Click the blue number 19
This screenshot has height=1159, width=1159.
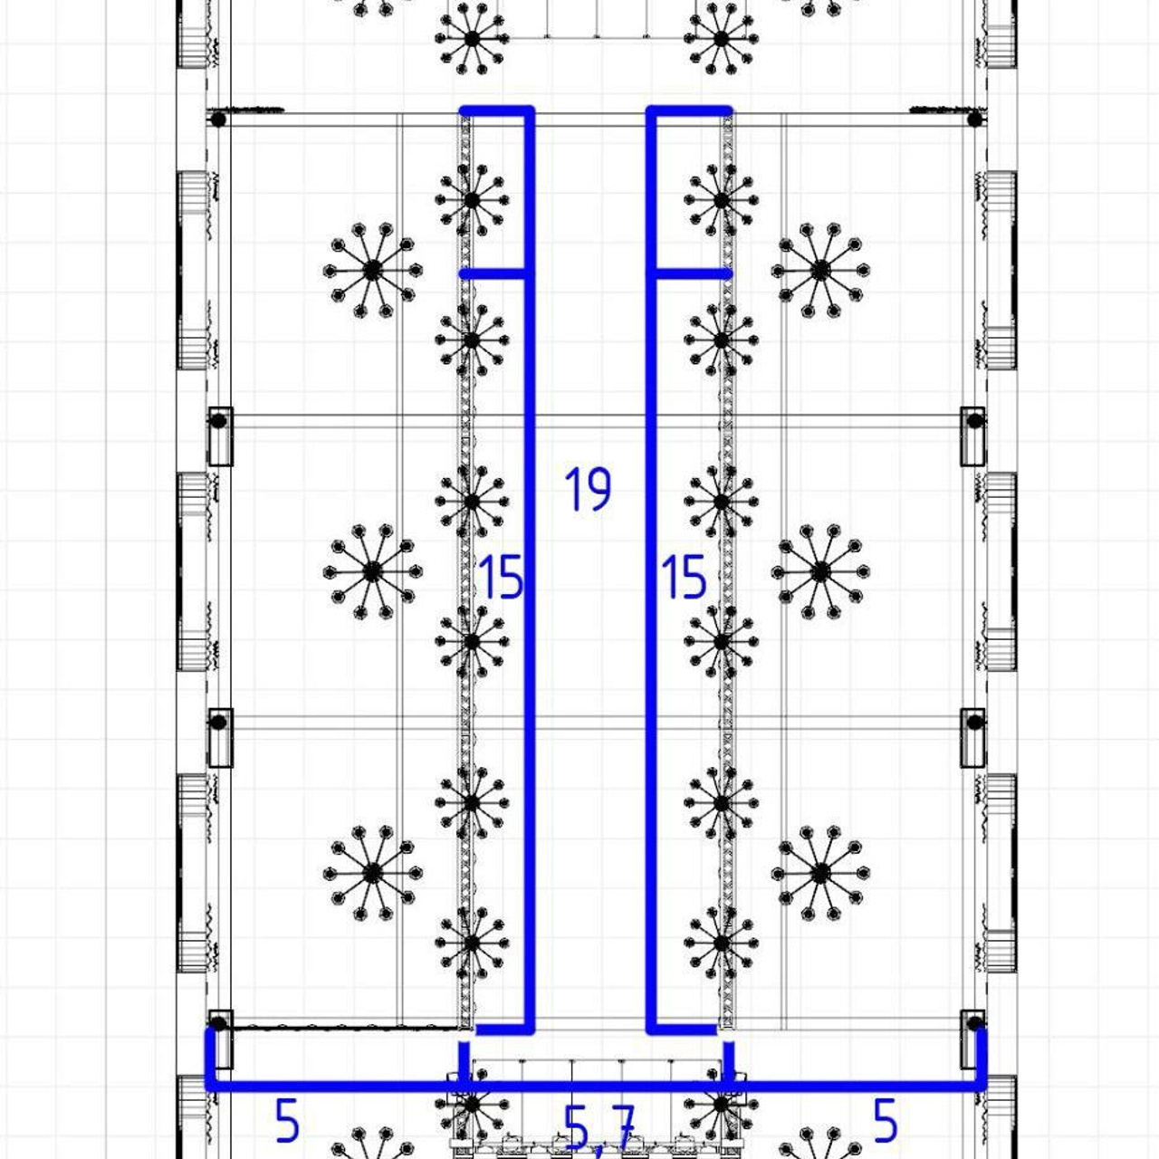pos(589,489)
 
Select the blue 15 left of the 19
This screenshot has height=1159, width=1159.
pos(500,578)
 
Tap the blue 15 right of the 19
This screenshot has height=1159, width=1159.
pos(684,578)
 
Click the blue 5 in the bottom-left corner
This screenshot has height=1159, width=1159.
pos(287,1120)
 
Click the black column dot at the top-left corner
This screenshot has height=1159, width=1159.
pos(218,120)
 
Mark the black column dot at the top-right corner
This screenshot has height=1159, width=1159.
pos(975,120)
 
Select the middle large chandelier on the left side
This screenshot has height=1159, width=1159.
pos(373,571)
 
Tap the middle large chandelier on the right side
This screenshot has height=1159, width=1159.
pos(820,571)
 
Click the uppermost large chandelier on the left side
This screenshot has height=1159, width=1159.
pos(373,271)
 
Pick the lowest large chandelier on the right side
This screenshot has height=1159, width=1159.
pos(820,873)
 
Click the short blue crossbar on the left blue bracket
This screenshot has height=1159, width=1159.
pos(493,274)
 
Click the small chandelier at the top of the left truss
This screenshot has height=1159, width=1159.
pos(472,200)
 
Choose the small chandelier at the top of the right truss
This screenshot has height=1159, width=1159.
pos(721,200)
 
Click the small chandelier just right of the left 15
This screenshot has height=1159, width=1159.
pos(472,642)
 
